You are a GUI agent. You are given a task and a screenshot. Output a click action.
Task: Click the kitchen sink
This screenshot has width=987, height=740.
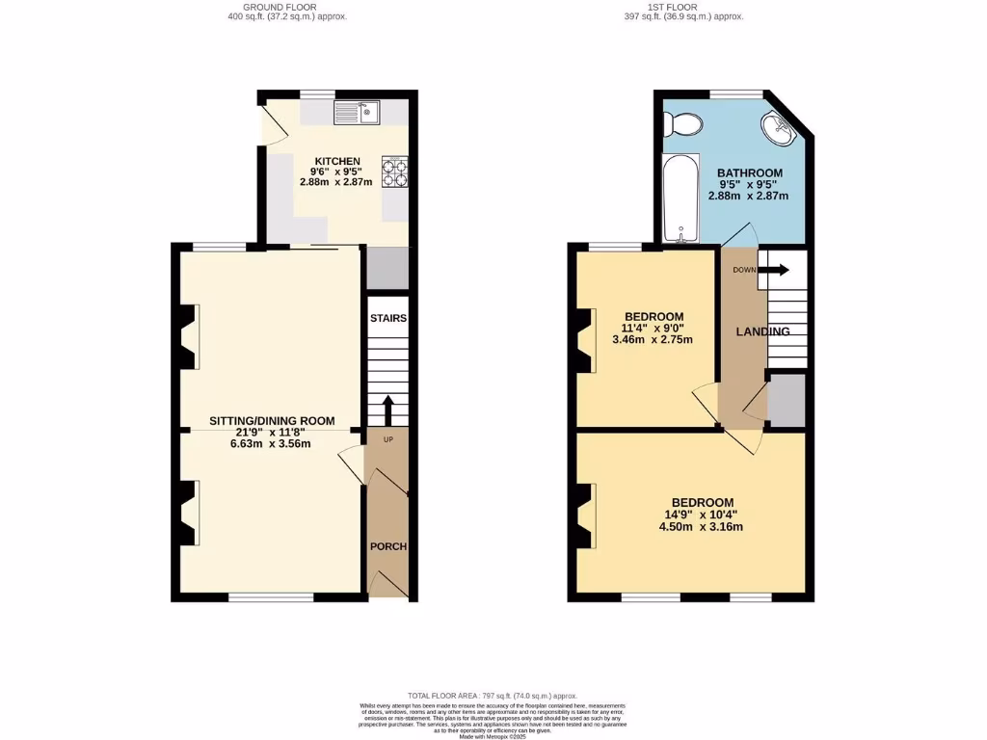pyautogui.click(x=358, y=113)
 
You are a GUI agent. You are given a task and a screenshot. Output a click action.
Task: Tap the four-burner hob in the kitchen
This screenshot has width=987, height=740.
pyautogui.click(x=395, y=171)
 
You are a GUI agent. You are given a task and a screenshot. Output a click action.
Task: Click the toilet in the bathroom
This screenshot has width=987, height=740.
pyautogui.click(x=685, y=122)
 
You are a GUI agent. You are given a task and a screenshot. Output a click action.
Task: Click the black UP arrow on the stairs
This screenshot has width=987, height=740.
pyautogui.click(x=387, y=409)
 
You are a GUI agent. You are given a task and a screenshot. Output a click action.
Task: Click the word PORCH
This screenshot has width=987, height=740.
pyautogui.click(x=389, y=546)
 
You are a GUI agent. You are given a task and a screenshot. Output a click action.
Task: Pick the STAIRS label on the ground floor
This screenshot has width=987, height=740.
pyautogui.click(x=387, y=318)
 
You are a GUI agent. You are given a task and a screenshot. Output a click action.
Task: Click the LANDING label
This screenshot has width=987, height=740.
pyautogui.click(x=763, y=331)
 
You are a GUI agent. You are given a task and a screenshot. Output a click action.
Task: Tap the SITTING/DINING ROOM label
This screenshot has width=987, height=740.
pyautogui.click(x=273, y=420)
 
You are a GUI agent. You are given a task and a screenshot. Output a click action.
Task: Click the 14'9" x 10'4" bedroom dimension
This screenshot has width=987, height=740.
pyautogui.click(x=702, y=515)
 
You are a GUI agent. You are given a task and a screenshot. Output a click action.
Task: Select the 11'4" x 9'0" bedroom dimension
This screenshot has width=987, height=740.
pyautogui.click(x=654, y=329)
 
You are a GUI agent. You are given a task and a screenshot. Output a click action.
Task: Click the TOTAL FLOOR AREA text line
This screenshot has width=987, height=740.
pyautogui.click(x=493, y=695)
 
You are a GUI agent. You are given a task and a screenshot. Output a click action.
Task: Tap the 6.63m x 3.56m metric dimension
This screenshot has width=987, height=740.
pyautogui.click(x=271, y=444)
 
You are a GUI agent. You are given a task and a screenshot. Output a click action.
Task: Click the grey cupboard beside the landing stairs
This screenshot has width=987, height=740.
pyautogui.click(x=787, y=401)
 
